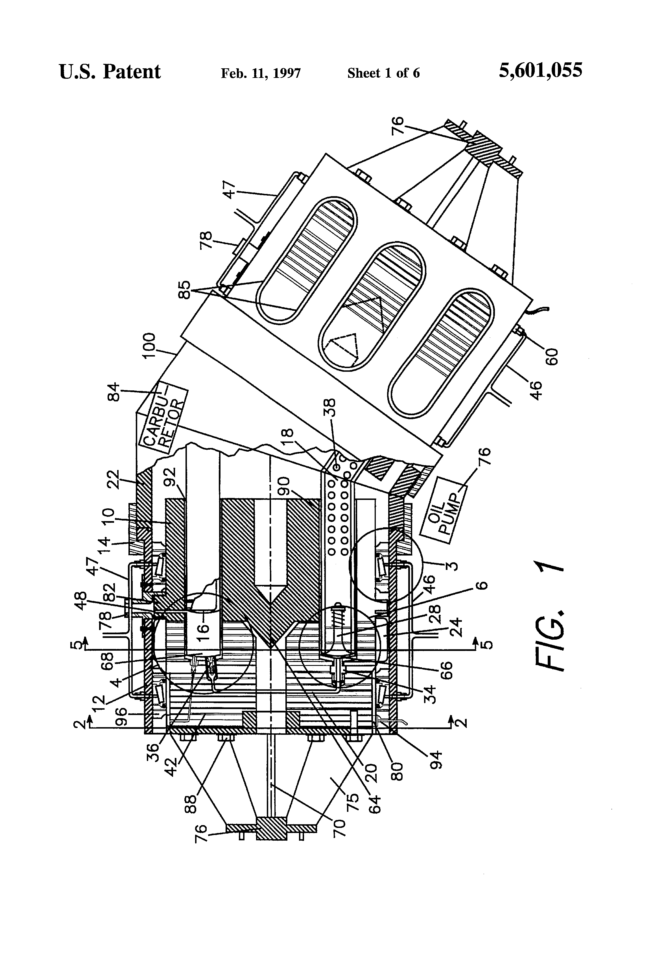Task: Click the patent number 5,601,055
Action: [x=540, y=70]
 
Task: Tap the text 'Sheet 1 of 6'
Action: [x=383, y=73]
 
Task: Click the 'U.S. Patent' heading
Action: [x=110, y=72]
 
